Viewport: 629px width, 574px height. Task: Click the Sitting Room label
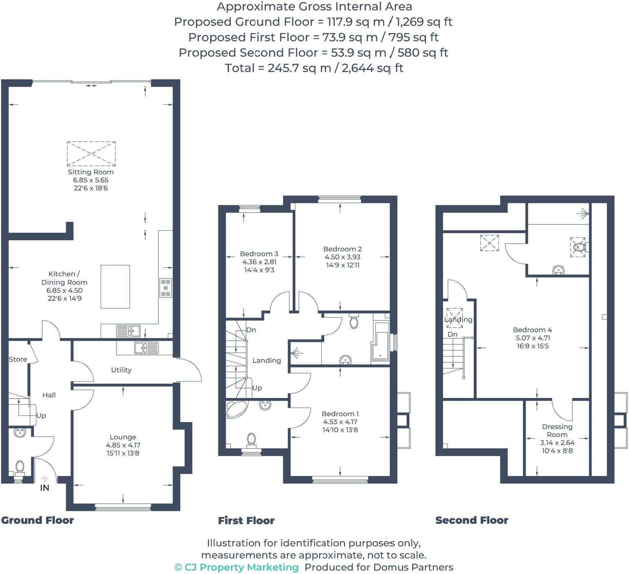(91, 172)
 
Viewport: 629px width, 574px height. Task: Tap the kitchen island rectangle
(115, 287)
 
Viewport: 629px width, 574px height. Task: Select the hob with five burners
(165, 288)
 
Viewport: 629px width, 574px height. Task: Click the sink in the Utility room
(146, 348)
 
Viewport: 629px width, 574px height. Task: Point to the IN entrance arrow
(45, 479)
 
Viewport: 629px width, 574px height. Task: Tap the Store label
(18, 359)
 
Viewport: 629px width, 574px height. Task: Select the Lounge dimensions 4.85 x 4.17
(123, 445)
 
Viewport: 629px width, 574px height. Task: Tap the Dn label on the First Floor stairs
(251, 330)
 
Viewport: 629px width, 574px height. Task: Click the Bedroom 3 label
(259, 254)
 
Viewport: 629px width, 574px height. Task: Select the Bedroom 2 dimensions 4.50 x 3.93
(342, 257)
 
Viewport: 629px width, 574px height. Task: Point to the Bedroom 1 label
(340, 414)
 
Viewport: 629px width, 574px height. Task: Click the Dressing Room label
(557, 431)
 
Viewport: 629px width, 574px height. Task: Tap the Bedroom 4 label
(532, 330)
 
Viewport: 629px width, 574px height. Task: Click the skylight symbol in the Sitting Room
(91, 153)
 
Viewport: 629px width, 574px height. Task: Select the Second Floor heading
(472, 520)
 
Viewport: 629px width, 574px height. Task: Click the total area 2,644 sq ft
(372, 68)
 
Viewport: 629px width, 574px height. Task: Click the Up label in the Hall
(41, 415)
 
